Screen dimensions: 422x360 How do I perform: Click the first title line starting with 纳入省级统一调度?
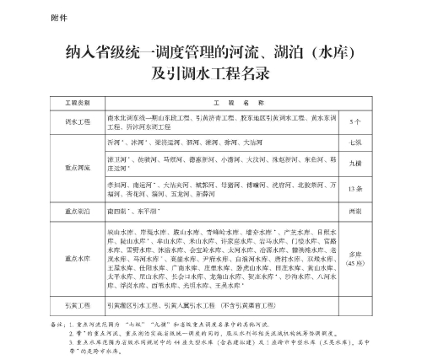[211, 55]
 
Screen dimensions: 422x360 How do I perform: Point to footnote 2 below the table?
[211, 333]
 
